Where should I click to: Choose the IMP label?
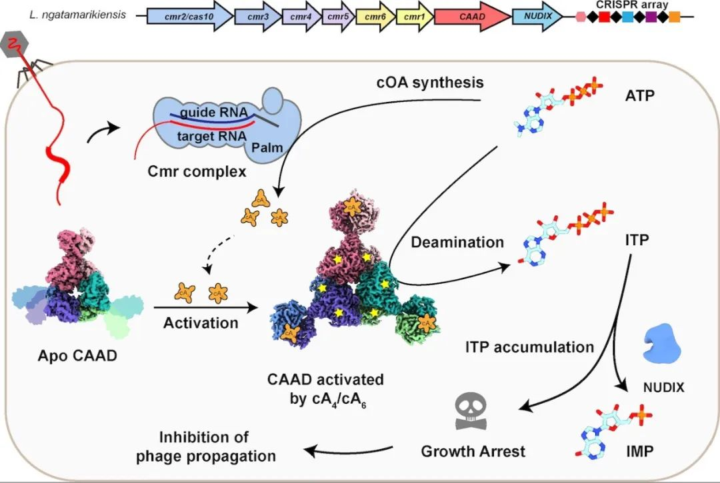pos(639,451)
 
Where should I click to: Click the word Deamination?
pos(457,242)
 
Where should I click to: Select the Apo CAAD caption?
pos(77,355)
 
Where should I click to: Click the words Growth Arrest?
pos(473,451)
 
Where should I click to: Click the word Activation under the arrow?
pos(201,323)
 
